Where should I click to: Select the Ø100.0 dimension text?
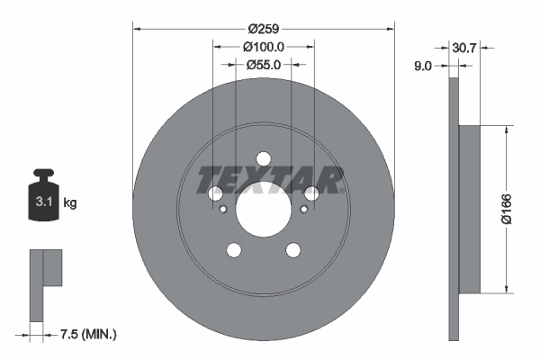264,47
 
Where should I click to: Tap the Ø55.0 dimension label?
264,64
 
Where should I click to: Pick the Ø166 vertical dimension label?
506,209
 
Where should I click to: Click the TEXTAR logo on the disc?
269,180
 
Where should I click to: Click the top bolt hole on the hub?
263,158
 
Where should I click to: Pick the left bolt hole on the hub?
215,193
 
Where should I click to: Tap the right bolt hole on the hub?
311,193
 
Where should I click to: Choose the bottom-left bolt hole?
234,250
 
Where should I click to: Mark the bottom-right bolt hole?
292,250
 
